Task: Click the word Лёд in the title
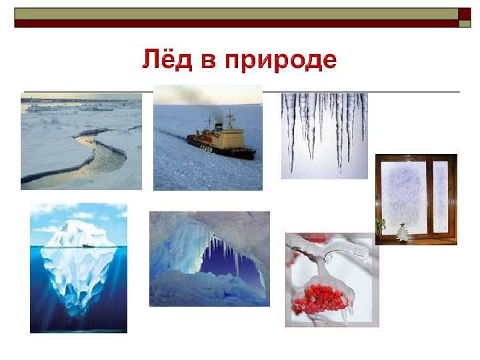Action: [x=167, y=59]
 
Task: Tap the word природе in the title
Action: [x=281, y=61]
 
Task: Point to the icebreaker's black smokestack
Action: [x=219, y=126]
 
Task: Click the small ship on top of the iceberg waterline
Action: [x=87, y=245]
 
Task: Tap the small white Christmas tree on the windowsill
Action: [x=401, y=233]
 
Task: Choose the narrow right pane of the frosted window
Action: [x=441, y=197]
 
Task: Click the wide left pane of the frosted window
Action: [x=403, y=197]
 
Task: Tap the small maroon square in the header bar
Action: [x=465, y=14]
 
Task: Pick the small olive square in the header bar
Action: [x=465, y=23]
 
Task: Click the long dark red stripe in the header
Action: [x=236, y=23]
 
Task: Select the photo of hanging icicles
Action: [x=325, y=136]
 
